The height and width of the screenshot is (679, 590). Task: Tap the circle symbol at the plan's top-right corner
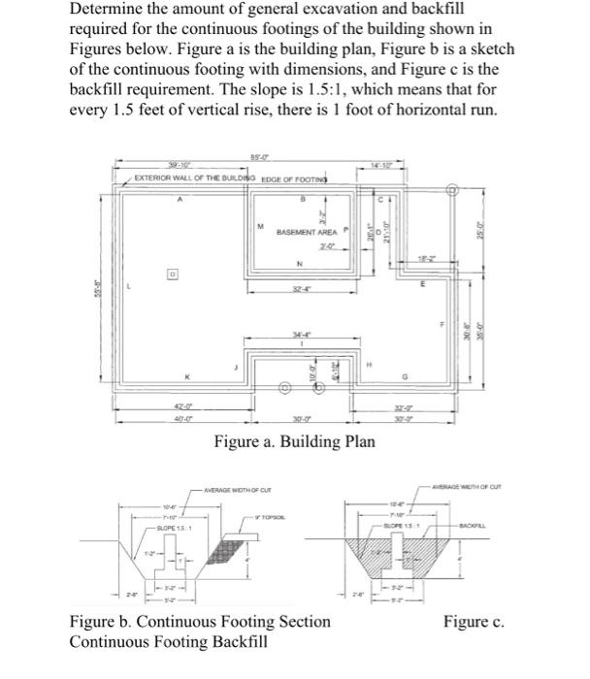click(450, 192)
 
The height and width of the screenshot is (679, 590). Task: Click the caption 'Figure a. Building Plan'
click(296, 442)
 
